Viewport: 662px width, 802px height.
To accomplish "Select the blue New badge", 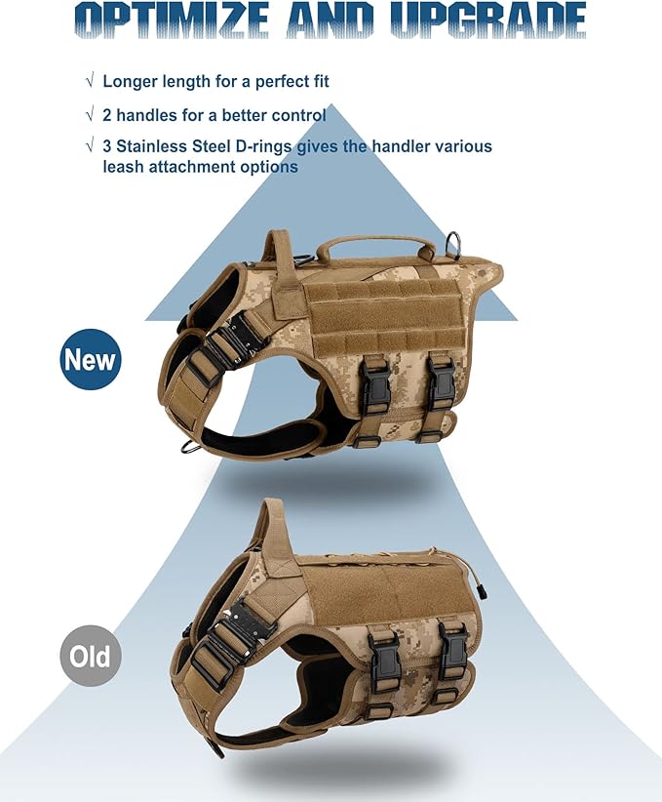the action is point(91,359).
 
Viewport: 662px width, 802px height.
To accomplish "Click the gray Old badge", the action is point(91,656).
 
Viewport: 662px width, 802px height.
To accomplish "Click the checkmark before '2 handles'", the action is point(90,114).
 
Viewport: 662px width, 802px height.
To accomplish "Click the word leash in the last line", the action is point(123,167).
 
